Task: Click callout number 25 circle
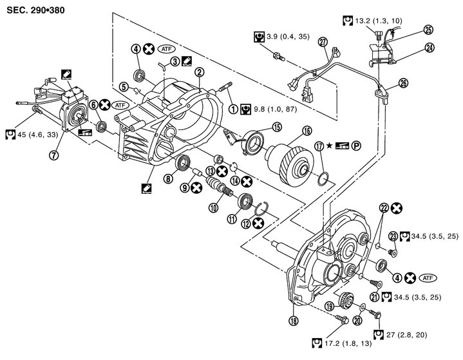click(428, 29)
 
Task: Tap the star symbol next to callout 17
click(330, 146)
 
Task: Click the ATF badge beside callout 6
click(120, 104)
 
